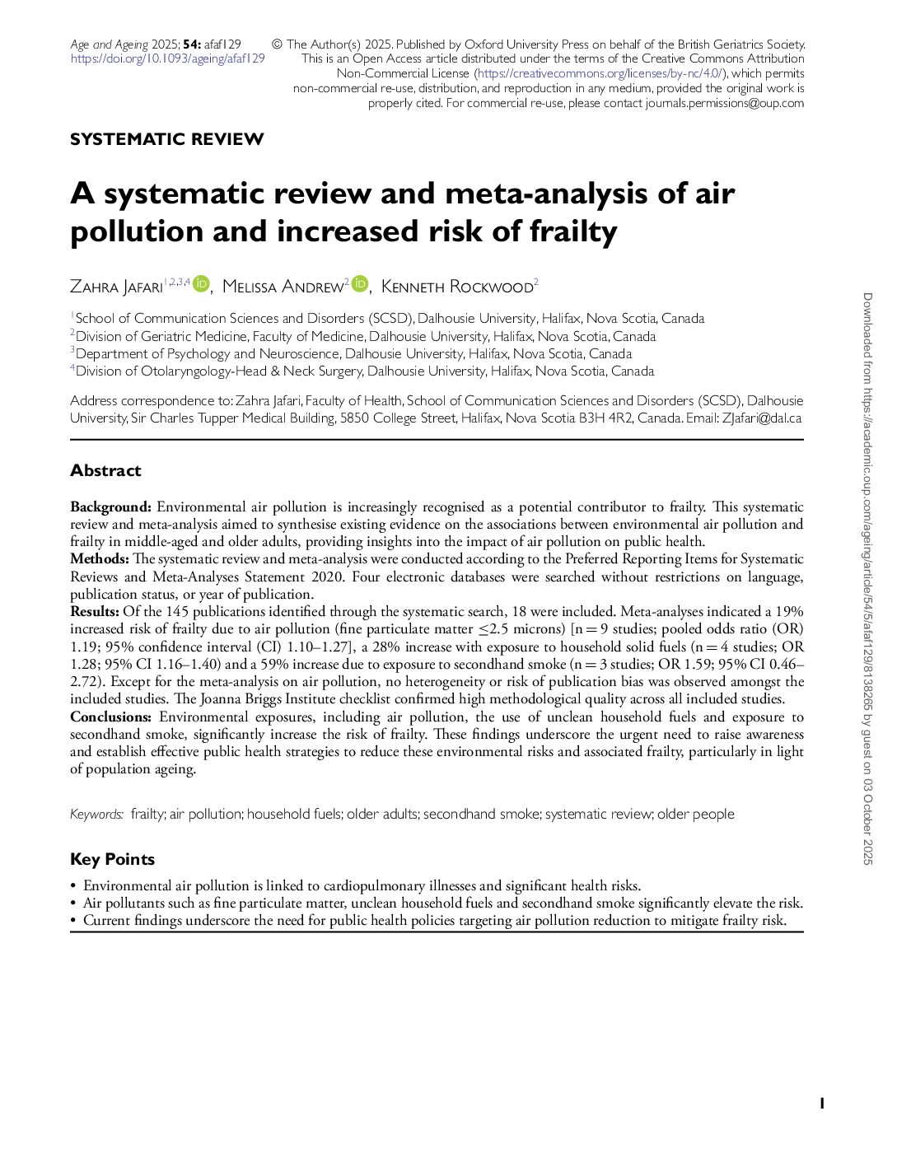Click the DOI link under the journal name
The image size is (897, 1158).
(167, 58)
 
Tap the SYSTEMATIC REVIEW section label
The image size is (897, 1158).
(167, 139)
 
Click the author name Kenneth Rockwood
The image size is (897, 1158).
(457, 287)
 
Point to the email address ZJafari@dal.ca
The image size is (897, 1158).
(762, 418)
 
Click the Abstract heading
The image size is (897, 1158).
(105, 470)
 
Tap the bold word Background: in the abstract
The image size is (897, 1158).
(110, 507)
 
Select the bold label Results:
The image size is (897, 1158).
(95, 611)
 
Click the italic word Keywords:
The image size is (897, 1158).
(96, 814)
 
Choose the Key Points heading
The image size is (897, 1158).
(112, 859)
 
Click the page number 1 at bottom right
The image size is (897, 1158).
(821, 1104)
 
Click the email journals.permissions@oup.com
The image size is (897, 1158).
(725, 103)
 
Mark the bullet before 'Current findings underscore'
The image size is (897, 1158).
(73, 921)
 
